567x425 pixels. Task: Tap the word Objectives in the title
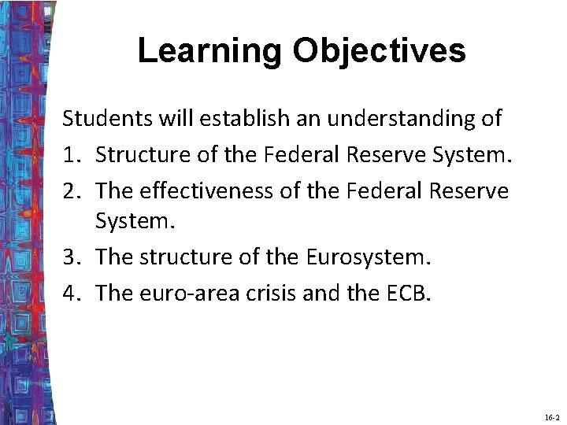[380, 51]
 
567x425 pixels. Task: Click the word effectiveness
[208, 190]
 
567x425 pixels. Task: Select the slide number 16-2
[551, 416]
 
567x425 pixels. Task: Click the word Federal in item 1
[298, 155]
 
